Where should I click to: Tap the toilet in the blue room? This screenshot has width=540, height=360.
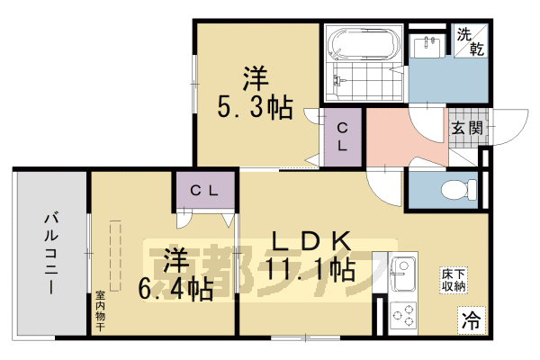459,190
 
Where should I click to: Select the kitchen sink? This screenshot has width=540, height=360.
402,271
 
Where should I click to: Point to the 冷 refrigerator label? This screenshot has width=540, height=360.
470,318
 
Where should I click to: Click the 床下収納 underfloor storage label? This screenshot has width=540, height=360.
453,279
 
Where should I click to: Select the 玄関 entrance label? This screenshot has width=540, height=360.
466,128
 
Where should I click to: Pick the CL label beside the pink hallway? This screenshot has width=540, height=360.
343,136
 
